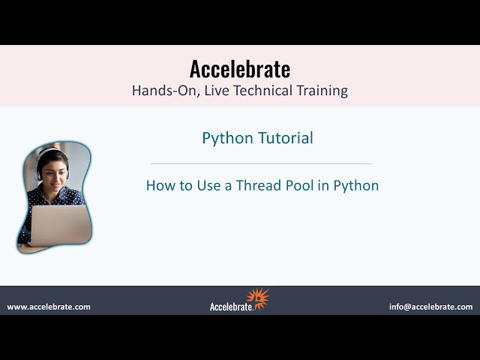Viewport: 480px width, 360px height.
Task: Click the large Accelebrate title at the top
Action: coord(240,69)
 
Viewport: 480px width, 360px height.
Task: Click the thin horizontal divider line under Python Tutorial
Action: coord(261,163)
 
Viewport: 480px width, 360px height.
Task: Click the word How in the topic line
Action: coord(160,185)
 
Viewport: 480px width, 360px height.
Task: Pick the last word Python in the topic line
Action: coord(356,185)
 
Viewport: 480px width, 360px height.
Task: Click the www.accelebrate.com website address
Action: coord(49,307)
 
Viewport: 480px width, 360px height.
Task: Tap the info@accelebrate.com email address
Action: coord(430,307)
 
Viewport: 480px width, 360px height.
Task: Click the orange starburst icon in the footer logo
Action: coord(259,298)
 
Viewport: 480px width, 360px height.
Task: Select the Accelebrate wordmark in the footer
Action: coord(231,306)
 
